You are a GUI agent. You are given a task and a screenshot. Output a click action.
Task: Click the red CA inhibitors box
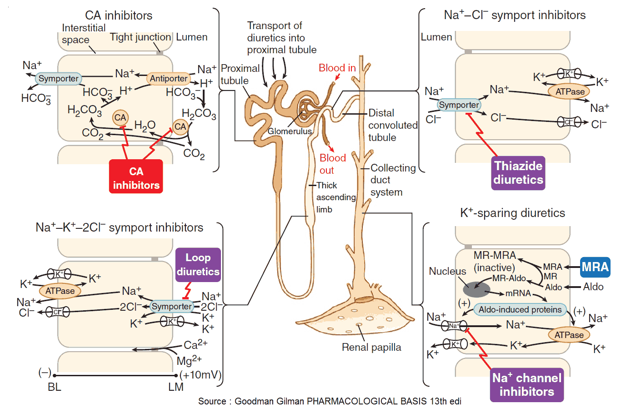pos(136,177)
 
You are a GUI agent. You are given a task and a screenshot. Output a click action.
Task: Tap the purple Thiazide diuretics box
pos(518,172)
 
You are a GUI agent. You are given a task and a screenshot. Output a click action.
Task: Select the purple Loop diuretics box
pos(198,264)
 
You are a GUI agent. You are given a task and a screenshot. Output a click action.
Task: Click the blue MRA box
pos(595,267)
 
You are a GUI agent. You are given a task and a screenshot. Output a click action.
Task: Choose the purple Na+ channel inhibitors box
pos(527,385)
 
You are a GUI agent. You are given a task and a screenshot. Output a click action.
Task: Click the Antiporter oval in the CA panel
pos(169,79)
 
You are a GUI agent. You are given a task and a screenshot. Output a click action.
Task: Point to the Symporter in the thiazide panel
pos(459,105)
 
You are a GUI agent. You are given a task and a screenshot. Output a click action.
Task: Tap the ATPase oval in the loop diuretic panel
pos(60,291)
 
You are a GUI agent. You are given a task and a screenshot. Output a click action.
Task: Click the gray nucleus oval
pos(476,289)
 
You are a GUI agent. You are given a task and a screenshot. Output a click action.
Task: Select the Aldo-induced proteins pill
pos(520,310)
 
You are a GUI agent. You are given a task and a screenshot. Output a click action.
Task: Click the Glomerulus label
pos(290,131)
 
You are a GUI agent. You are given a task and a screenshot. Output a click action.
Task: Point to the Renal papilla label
pos(371,348)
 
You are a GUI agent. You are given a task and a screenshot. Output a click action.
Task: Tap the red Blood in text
pos(337,68)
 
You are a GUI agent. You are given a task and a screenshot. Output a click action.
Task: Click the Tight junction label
pos(140,37)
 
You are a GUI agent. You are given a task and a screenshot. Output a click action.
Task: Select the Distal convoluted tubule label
pos(392,125)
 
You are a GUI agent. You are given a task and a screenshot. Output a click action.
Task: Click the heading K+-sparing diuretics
pos(512,213)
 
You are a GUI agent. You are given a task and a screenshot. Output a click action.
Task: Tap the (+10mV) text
pos(200,375)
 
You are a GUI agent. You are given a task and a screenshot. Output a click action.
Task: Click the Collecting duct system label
pos(392,180)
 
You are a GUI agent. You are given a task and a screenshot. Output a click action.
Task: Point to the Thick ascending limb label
pos(336,197)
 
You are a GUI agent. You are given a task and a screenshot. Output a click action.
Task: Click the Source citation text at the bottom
pos(330,401)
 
